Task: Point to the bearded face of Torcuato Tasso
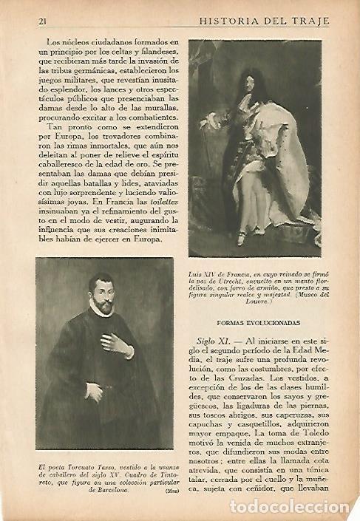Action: pos(101,296)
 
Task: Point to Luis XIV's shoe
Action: pos(241,238)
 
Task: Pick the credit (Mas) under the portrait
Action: pos(166,490)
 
